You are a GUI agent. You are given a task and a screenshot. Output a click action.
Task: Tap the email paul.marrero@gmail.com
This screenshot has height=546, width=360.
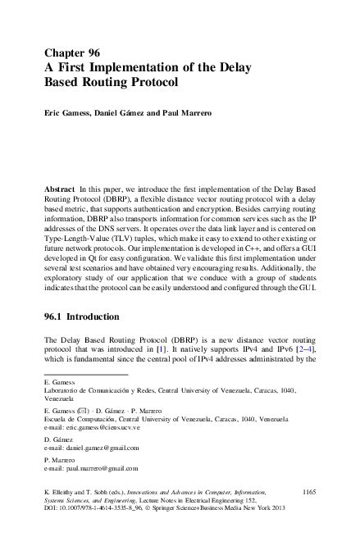[92, 469]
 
